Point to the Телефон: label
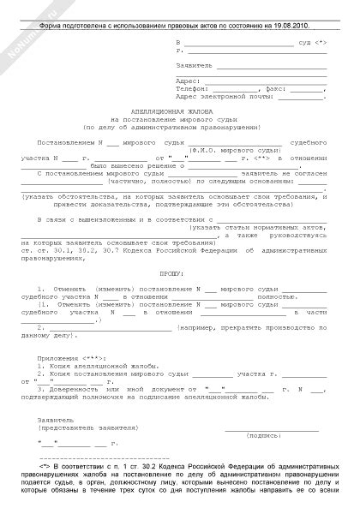(x=192, y=87)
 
